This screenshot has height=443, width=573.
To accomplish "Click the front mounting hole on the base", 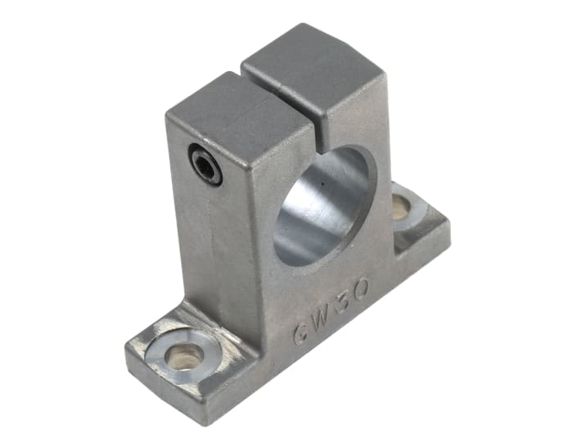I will pyautogui.click(x=183, y=355).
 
